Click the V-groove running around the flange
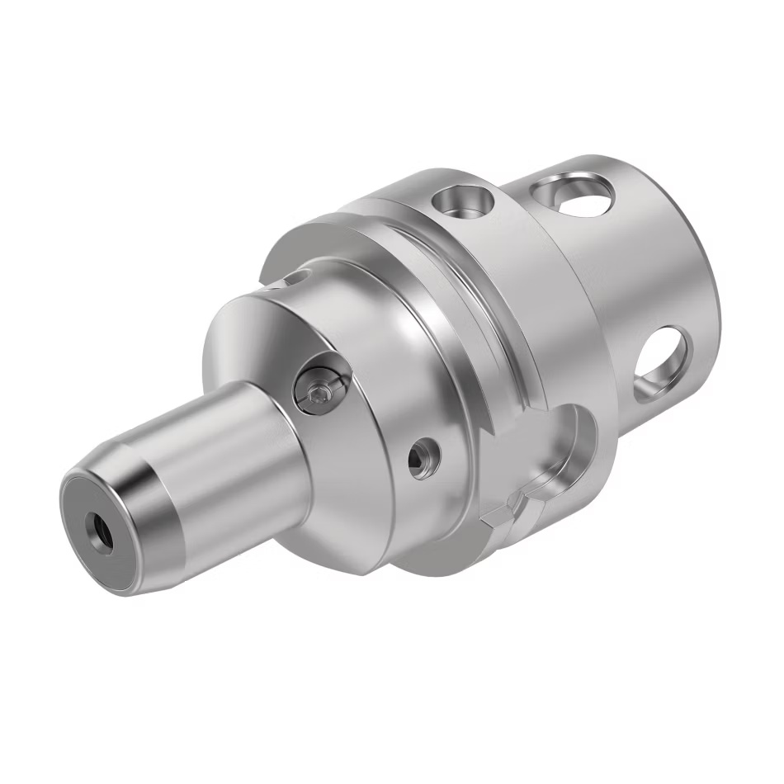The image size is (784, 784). point(462,322)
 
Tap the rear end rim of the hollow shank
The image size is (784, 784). point(701,248)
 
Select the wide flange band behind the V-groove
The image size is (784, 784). point(536,314)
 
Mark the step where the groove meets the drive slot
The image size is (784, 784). point(495,421)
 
